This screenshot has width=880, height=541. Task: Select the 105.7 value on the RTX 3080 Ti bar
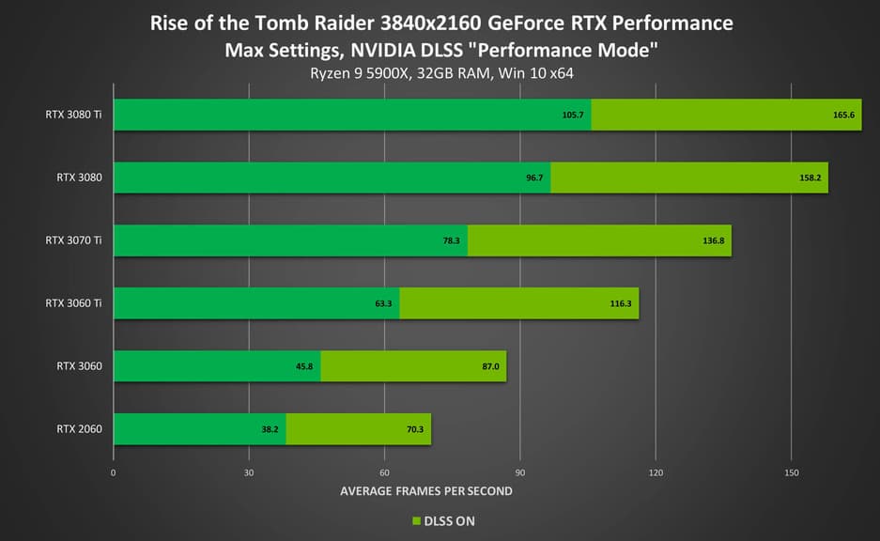point(573,115)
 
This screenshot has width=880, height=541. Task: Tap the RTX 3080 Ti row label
point(73,115)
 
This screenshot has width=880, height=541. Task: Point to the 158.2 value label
point(810,178)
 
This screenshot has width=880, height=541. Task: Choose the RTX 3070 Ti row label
point(73,240)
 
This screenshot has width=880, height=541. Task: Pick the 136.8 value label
point(713,240)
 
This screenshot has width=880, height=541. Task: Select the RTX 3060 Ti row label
point(73,303)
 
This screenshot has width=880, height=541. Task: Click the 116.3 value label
point(621,303)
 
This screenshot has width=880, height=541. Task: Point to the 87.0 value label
point(490,366)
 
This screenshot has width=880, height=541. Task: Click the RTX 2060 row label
point(79,429)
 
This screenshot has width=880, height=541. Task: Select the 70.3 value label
point(414,429)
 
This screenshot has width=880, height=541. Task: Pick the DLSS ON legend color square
point(415,520)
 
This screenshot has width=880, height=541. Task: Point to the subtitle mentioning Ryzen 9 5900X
point(440,73)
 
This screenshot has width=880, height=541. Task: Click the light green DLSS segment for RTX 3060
point(413,366)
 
